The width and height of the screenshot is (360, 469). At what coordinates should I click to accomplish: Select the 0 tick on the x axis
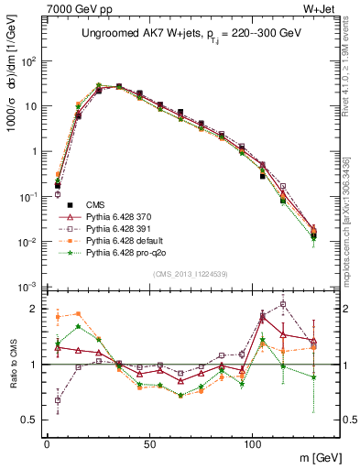point(47,441)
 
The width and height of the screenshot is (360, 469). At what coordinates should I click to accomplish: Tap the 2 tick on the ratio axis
point(35,309)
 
